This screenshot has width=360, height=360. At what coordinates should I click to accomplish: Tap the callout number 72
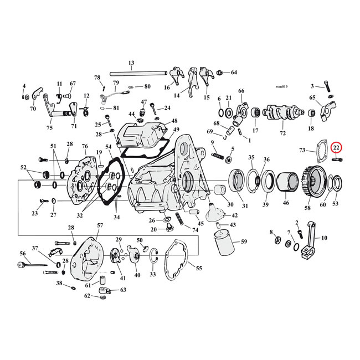[282, 134]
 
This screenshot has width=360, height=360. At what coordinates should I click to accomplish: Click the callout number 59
[244, 241]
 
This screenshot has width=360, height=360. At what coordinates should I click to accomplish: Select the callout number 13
[131, 63]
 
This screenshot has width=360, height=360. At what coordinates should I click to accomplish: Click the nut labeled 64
[220, 73]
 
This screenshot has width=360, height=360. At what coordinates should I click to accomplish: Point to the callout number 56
[23, 253]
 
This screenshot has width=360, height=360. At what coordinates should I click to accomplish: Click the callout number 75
[49, 128]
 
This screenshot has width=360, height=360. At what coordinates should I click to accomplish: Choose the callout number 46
[286, 204]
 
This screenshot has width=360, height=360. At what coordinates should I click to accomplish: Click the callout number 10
[324, 238]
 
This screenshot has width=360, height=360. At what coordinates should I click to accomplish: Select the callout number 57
[100, 225]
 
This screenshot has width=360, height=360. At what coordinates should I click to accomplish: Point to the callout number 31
[244, 206]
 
